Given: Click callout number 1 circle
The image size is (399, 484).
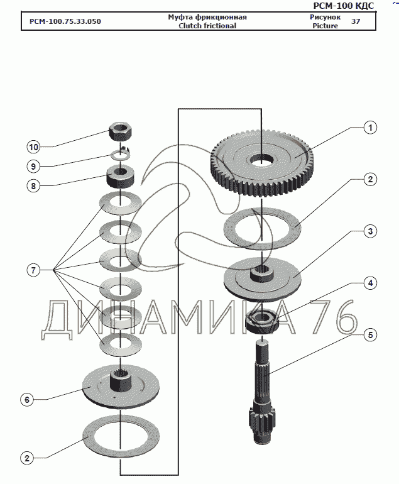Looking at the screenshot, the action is point(370,128).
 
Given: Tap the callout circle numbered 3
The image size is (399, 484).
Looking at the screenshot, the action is point(370,231).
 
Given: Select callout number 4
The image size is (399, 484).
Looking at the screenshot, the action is point(370,283).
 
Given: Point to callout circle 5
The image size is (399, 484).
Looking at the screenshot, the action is point(370,335).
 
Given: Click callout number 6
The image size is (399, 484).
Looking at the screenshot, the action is point(27,400).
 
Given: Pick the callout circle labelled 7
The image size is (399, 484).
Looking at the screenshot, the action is point(33,270).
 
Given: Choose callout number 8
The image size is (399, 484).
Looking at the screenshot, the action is point(33,186).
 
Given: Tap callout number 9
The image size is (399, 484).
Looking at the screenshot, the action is point(33,167).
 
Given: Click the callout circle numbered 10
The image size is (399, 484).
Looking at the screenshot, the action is point(33,147).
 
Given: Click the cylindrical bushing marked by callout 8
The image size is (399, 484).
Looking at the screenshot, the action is point(121,177).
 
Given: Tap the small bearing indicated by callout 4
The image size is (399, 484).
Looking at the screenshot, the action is point(262,322).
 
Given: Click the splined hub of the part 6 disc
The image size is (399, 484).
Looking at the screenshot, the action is point(121,380).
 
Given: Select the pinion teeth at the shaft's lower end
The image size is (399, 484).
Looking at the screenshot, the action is point(262,420).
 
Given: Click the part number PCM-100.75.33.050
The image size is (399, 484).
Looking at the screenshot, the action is point(65,21).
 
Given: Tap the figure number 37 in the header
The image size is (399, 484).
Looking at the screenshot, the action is point(356,21).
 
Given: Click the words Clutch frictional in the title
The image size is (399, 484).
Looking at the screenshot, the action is point(207,26).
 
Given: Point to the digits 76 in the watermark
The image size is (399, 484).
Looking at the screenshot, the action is point(333,318).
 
